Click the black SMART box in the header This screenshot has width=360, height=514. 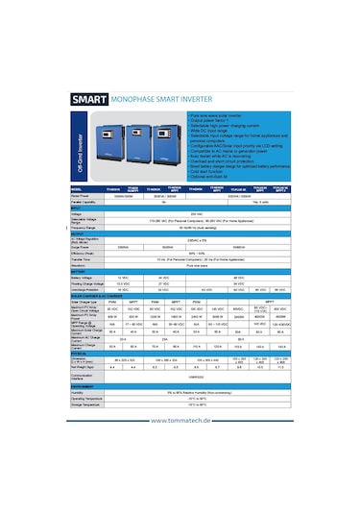click(x=89, y=97)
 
